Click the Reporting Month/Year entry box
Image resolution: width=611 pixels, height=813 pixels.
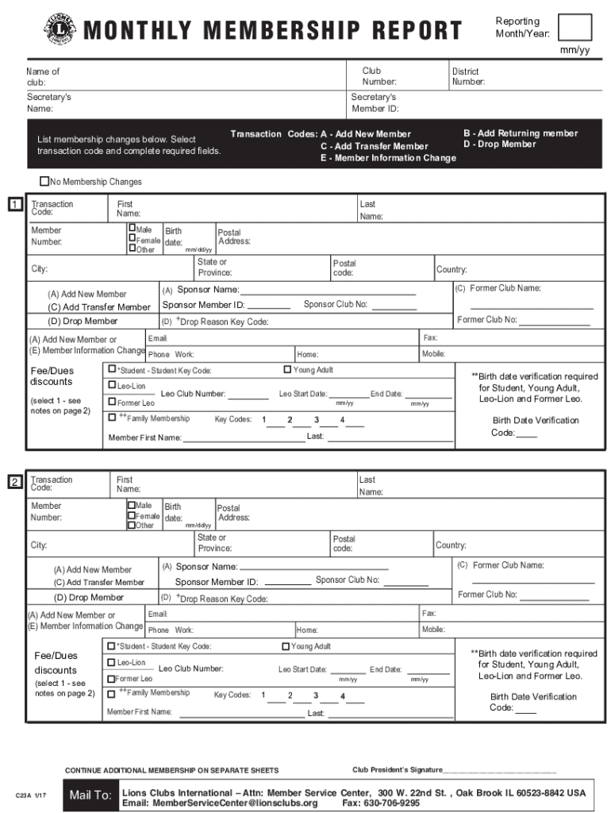(574, 27)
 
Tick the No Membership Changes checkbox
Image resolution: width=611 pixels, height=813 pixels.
(44, 182)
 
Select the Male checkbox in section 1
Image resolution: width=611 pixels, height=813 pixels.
(132, 229)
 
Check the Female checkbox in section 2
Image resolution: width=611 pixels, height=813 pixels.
(132, 515)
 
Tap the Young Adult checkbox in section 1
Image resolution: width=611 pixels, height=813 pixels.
(287, 369)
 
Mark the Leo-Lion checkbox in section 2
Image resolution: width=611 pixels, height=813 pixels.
(112, 662)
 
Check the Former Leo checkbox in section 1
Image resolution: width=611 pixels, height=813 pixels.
(112, 403)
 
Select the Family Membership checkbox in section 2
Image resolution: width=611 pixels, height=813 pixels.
(112, 693)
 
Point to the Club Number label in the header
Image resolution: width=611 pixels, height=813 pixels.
(379, 76)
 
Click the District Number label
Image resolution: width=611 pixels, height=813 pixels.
(468, 76)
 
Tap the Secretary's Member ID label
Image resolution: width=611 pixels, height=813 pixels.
(375, 103)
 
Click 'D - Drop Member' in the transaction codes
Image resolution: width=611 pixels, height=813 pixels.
(499, 144)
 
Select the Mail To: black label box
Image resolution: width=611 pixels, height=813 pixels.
(90, 796)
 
